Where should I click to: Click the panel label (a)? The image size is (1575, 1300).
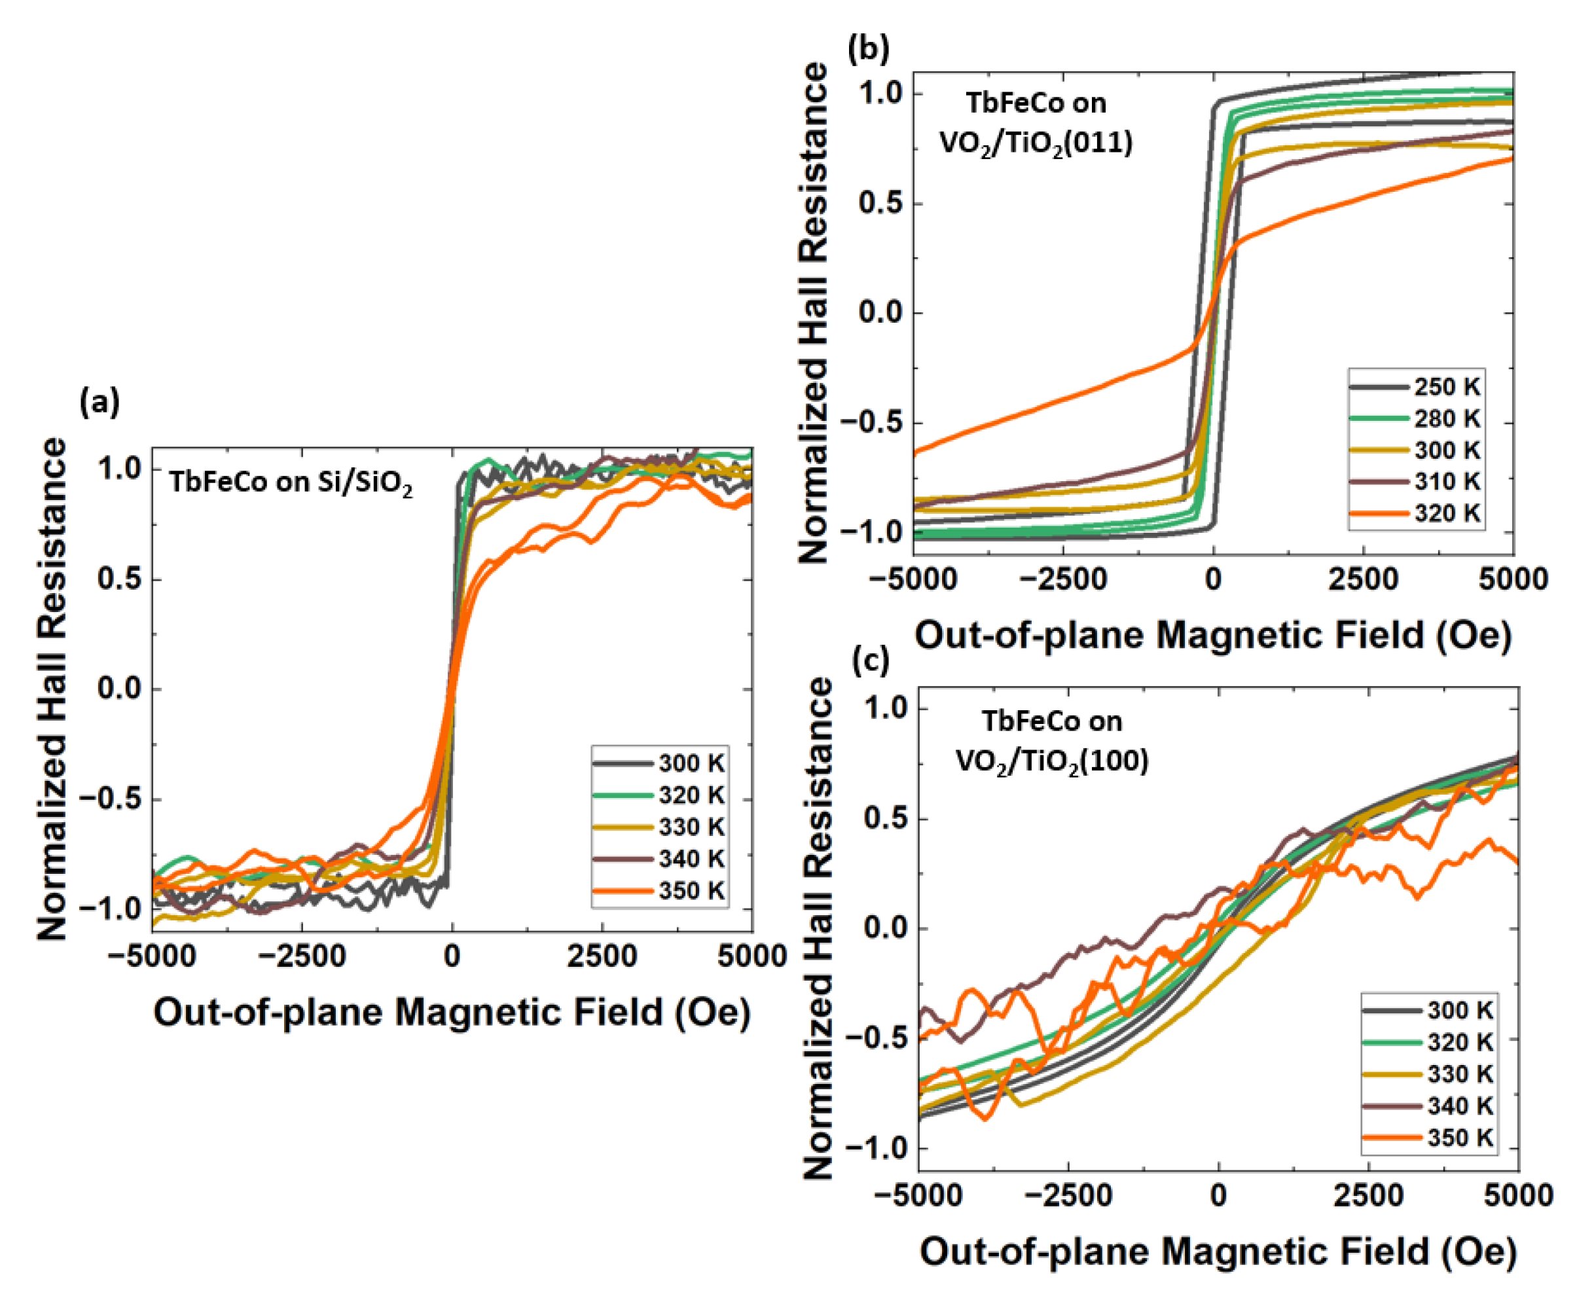[x=99, y=403]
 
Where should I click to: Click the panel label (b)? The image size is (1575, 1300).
[x=868, y=48]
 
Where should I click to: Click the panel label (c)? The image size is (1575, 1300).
[x=871, y=660]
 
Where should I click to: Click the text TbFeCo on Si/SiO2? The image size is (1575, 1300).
[x=291, y=482]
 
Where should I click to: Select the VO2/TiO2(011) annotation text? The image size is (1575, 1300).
[x=1036, y=142]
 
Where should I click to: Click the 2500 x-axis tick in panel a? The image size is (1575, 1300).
[x=602, y=956]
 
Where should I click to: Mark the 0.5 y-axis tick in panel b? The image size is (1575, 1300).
[x=880, y=204]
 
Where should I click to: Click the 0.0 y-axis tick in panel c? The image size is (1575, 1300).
[x=885, y=928]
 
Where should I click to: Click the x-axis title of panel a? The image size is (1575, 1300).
[x=452, y=1013]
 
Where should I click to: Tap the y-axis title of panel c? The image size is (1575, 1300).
[x=818, y=929]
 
